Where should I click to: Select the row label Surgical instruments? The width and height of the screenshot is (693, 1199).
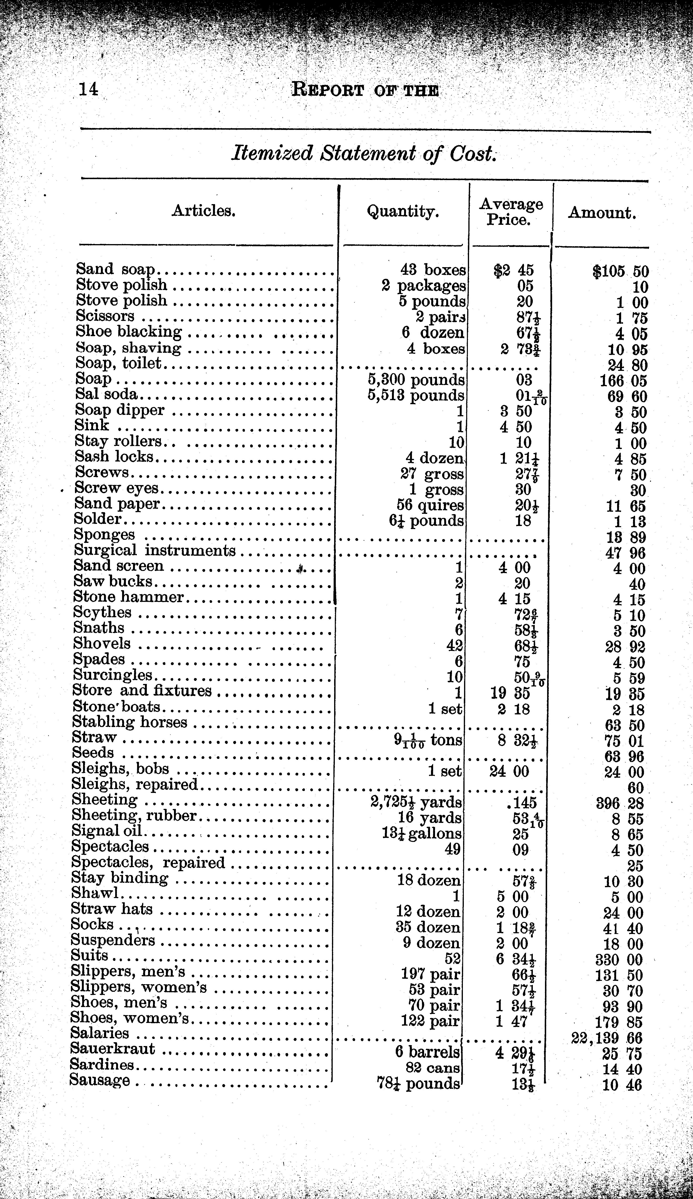click(155, 550)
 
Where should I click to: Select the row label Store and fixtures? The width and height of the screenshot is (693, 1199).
click(142, 690)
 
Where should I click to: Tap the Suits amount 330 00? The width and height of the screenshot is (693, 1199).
click(619, 959)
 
